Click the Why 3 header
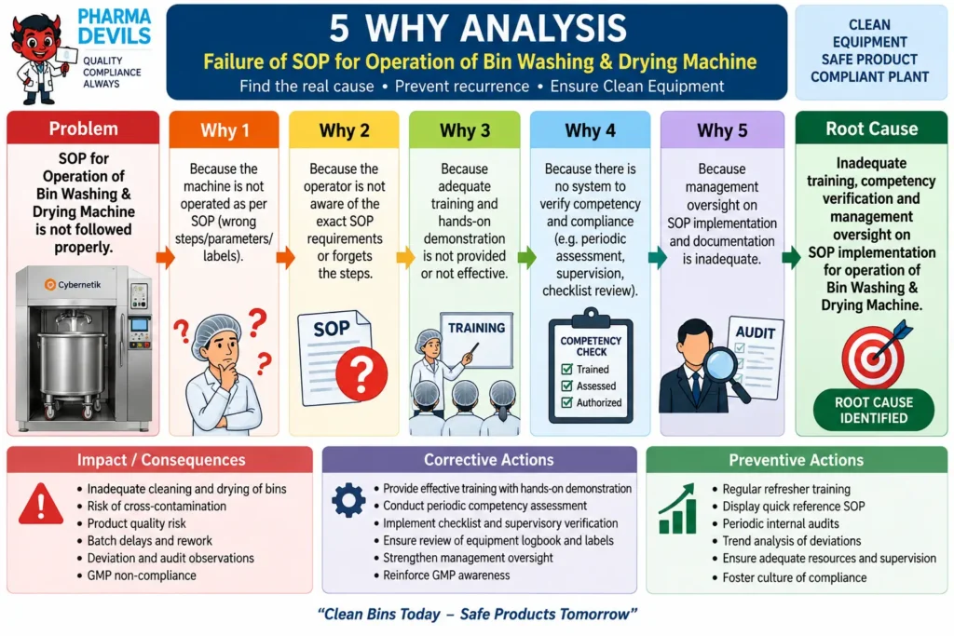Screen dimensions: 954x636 click(465, 130)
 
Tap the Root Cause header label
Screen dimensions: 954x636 click(871, 129)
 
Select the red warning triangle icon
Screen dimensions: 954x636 click(41, 504)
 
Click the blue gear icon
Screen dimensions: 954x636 click(348, 500)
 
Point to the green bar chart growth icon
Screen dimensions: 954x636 click(677, 508)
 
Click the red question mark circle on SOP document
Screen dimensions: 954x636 click(361, 373)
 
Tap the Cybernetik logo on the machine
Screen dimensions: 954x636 click(73, 285)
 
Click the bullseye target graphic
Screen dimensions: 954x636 click(873, 357)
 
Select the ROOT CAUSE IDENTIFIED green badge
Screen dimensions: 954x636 click(874, 410)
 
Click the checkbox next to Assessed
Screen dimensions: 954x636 click(567, 386)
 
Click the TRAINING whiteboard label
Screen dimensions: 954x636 click(476, 328)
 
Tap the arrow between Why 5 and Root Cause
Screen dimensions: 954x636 click(791, 258)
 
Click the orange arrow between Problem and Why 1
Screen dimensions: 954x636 click(165, 258)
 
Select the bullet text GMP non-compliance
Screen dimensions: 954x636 click(142, 575)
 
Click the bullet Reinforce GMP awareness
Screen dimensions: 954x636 click(446, 575)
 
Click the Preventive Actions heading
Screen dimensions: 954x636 click(796, 460)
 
